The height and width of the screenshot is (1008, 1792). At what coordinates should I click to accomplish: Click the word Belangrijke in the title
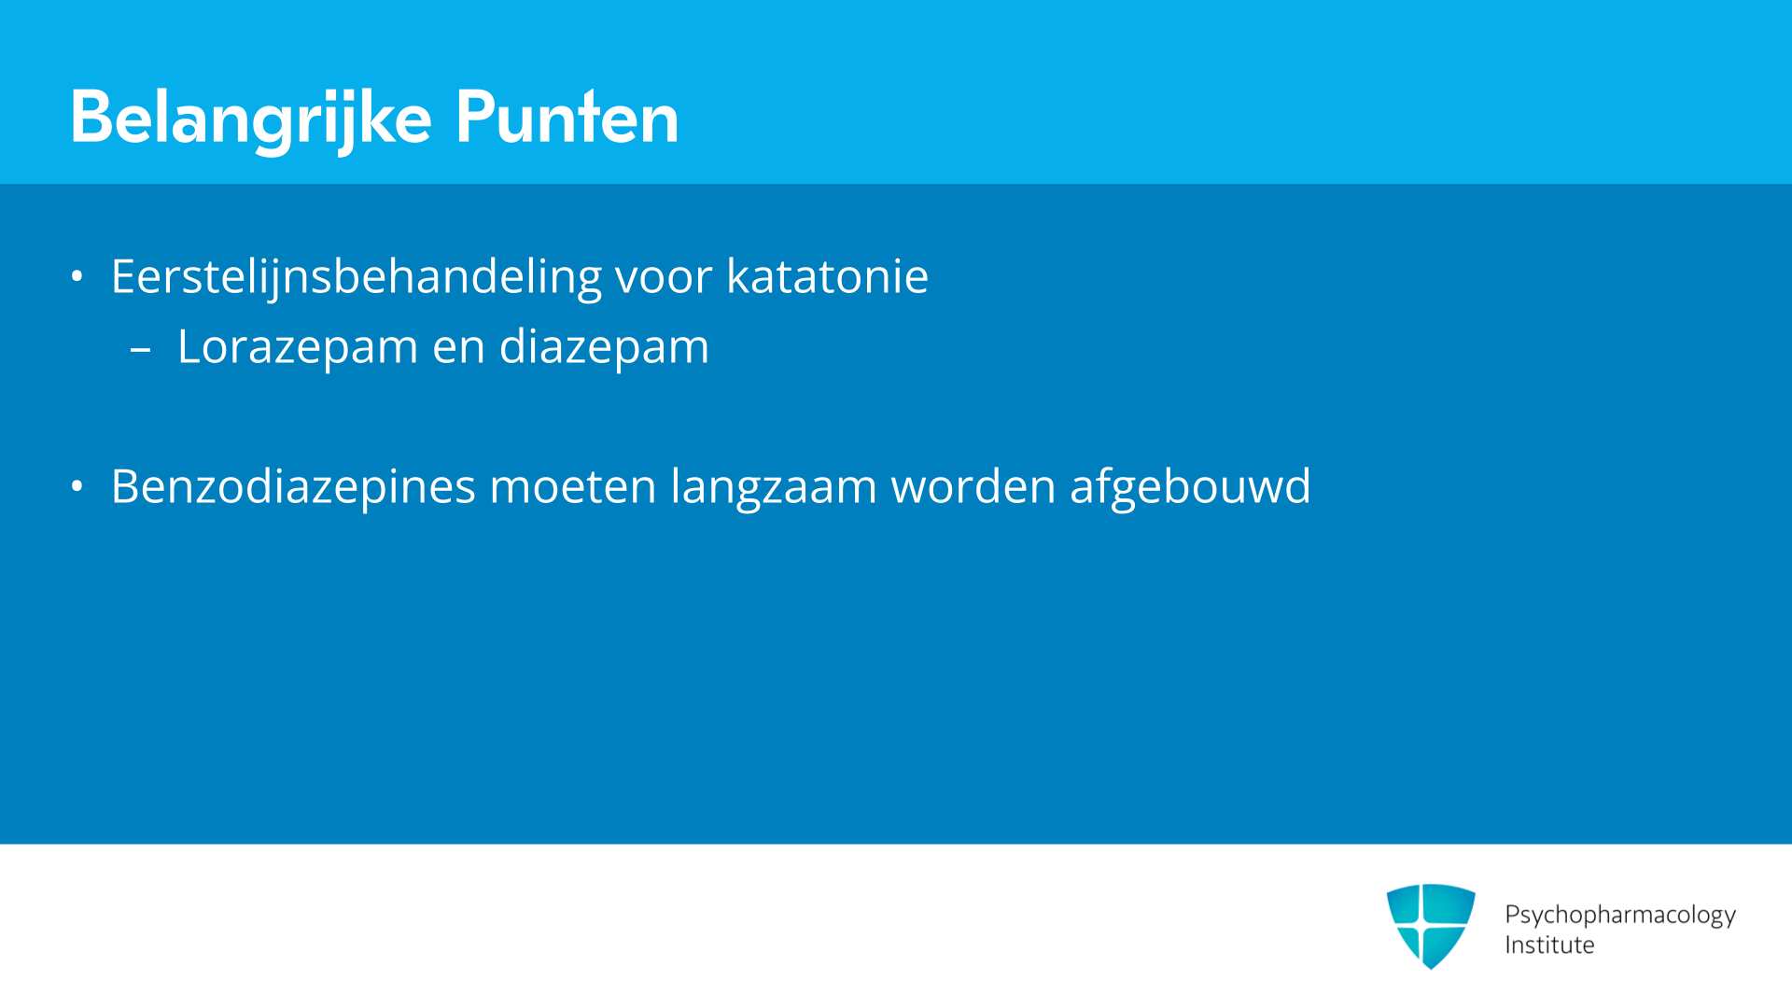click(251, 119)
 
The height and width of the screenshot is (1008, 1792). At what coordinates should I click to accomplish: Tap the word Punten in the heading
click(567, 117)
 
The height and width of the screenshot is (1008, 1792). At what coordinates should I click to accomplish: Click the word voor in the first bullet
click(664, 278)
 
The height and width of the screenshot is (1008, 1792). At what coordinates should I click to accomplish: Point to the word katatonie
click(828, 276)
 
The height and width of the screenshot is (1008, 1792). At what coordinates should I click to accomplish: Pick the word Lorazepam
click(298, 348)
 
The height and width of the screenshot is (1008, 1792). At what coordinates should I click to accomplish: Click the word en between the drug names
click(458, 348)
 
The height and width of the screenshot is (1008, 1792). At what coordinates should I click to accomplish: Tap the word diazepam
click(604, 348)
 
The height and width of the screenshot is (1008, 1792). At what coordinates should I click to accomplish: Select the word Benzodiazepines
click(293, 487)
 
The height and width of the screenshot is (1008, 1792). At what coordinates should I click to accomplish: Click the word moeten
click(573, 487)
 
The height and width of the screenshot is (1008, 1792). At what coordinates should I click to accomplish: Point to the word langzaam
click(774, 488)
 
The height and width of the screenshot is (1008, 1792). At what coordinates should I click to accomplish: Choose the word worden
click(973, 486)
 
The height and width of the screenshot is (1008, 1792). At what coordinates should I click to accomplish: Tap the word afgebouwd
click(1190, 487)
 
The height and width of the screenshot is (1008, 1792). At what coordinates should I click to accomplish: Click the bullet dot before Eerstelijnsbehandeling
click(77, 276)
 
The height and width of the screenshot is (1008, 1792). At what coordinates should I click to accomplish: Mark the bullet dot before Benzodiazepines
click(77, 486)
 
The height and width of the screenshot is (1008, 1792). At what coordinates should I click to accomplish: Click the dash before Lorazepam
click(141, 351)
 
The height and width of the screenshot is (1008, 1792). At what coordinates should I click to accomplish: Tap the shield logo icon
click(1431, 926)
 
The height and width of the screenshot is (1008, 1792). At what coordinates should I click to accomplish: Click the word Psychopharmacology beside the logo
click(1620, 915)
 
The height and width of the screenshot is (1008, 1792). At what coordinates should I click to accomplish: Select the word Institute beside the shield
click(1549, 945)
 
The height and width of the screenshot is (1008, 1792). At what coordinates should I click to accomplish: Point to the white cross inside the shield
click(1421, 924)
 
